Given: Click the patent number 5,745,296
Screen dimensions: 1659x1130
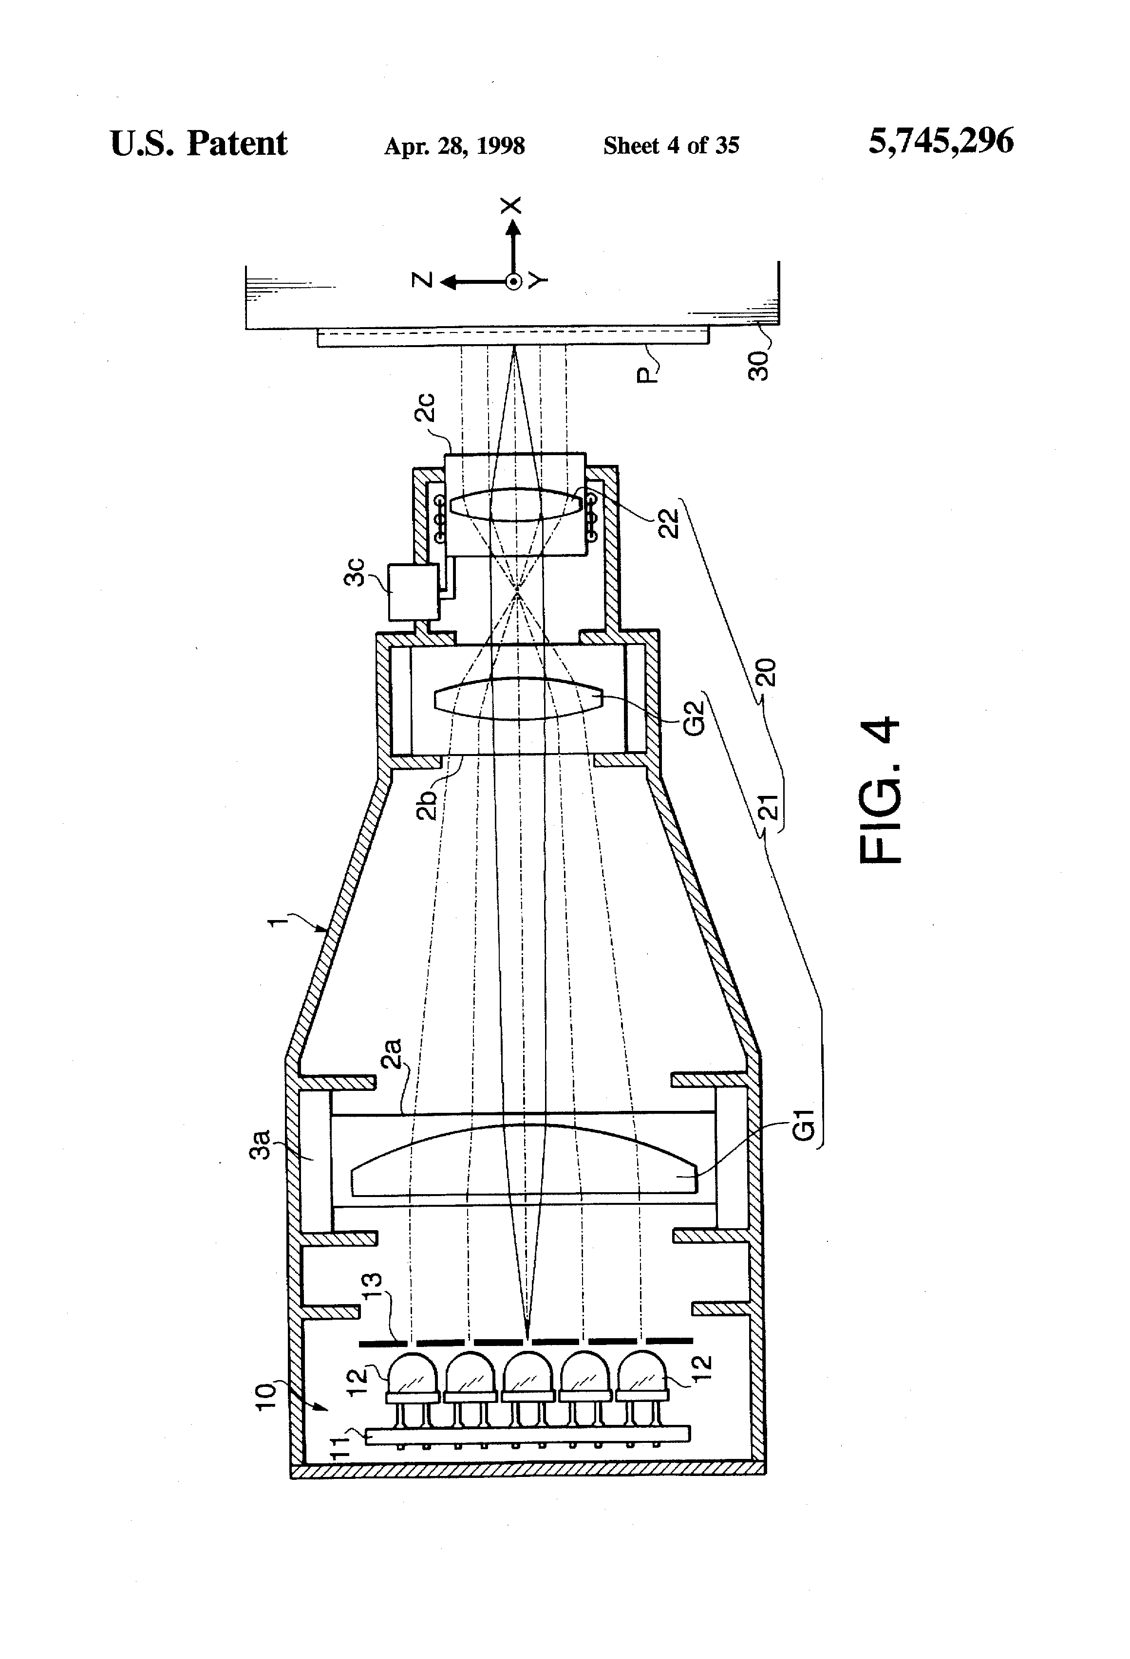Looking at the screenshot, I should [940, 141].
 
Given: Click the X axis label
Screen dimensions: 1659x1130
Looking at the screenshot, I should [511, 205].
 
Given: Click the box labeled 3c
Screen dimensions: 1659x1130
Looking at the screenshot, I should [413, 592].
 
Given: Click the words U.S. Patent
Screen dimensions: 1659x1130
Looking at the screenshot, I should [199, 144].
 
